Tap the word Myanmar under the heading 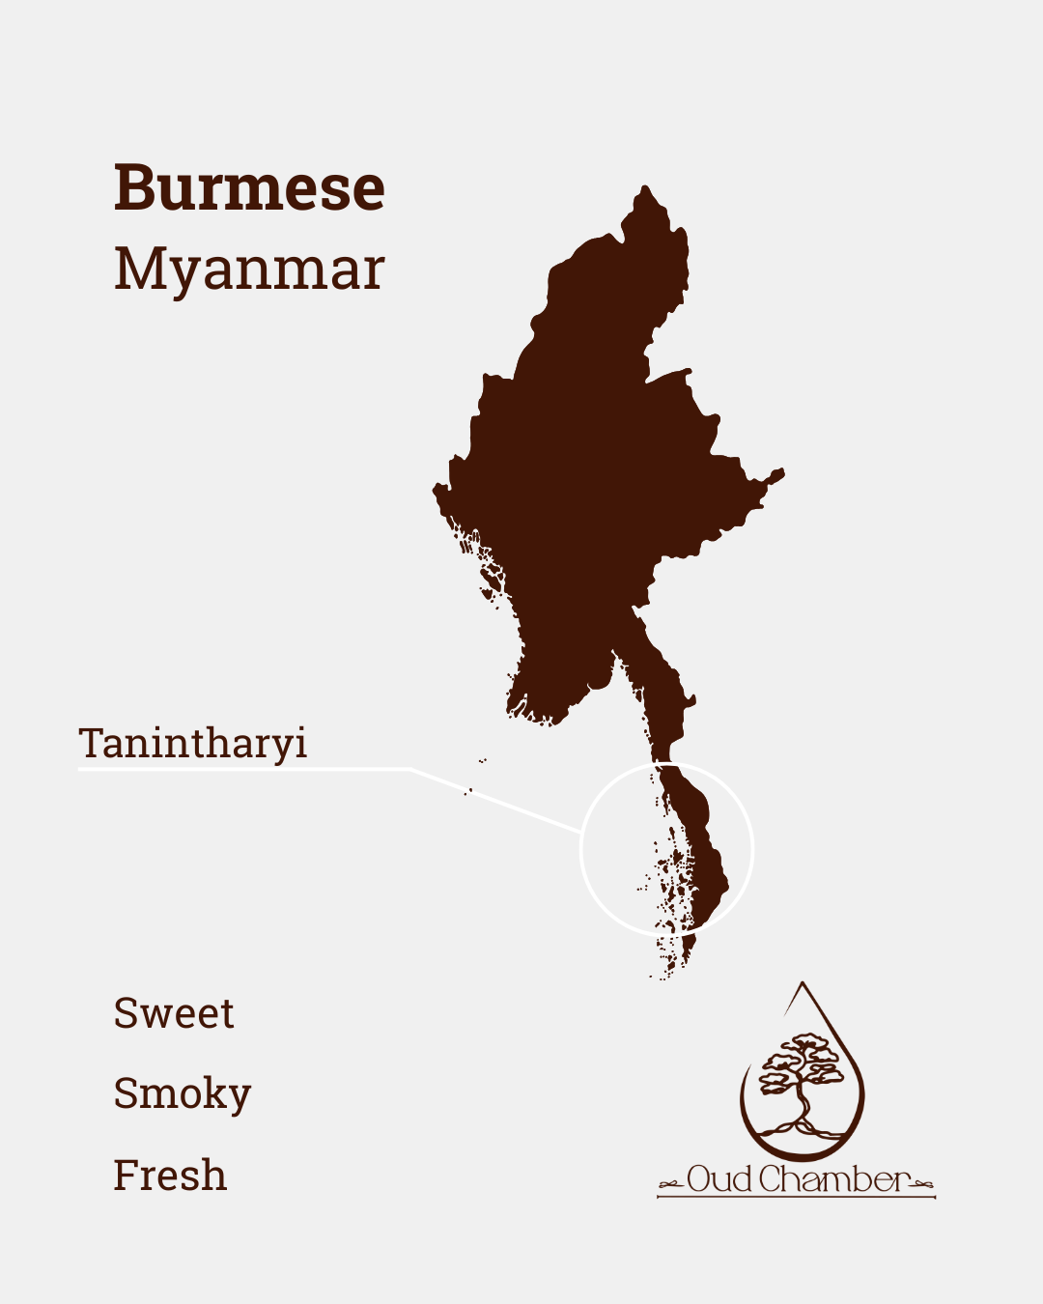click(x=249, y=269)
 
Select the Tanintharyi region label click(x=193, y=744)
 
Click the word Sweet click(x=174, y=1013)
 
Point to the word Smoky click(x=182, y=1094)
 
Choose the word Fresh click(x=170, y=1176)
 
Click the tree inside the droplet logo click(x=800, y=1082)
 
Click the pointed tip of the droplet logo click(x=803, y=984)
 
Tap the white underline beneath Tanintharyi click(x=241, y=769)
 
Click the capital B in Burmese click(x=134, y=188)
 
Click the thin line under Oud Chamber click(x=796, y=1198)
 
